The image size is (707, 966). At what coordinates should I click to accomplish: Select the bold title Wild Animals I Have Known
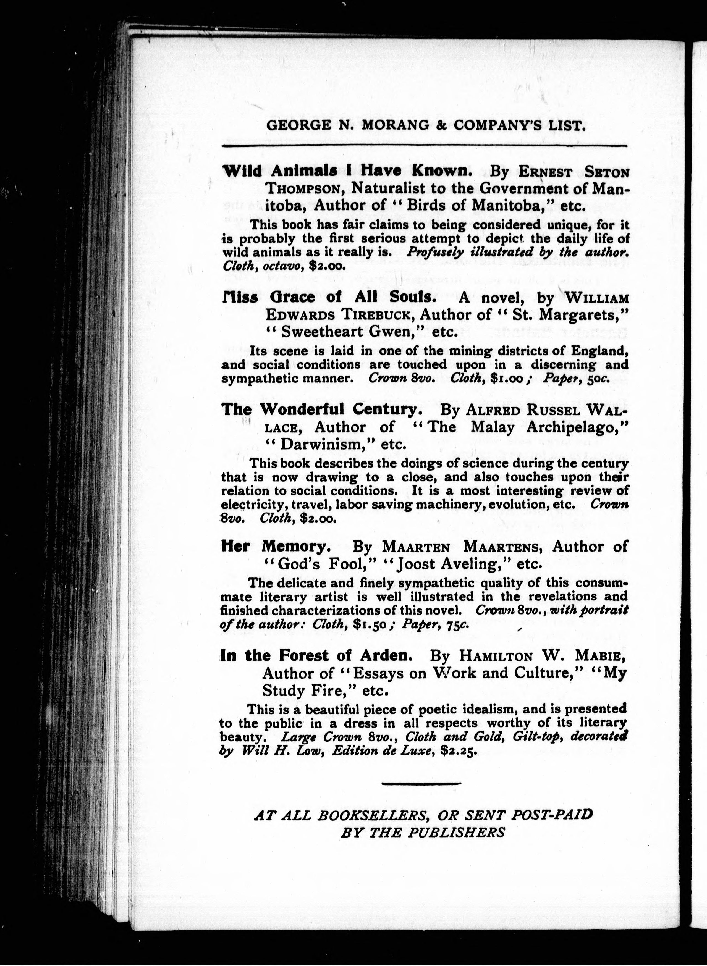[x=347, y=171]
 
